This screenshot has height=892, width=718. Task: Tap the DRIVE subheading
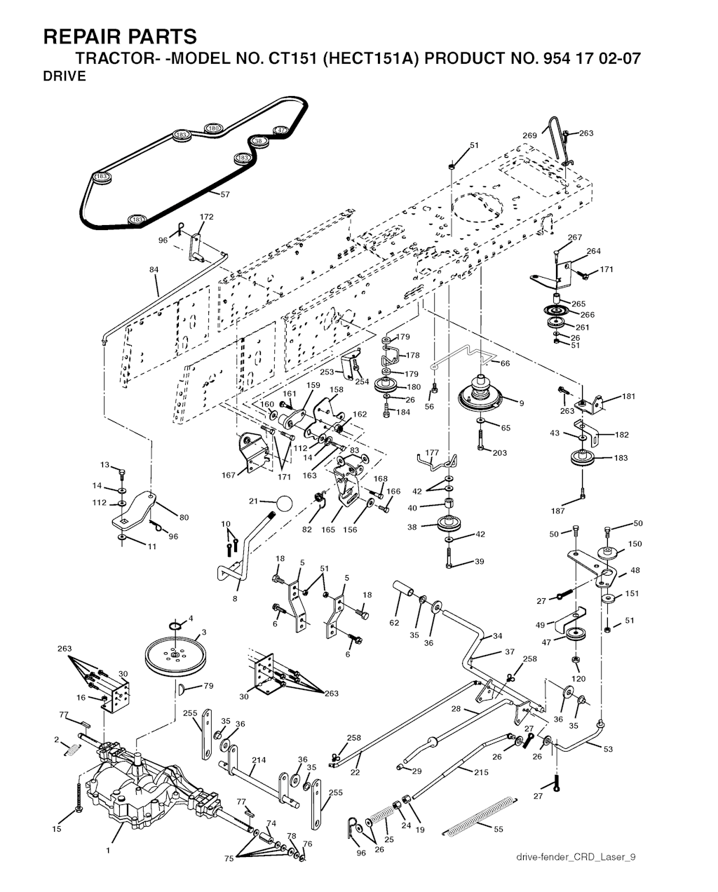tap(65, 76)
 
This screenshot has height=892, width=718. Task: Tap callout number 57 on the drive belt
tap(225, 194)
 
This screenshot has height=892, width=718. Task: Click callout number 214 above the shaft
tap(259, 759)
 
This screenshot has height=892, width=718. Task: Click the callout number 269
tap(529, 135)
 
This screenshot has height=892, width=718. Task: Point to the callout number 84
tap(154, 269)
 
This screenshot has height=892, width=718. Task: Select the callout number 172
tap(207, 217)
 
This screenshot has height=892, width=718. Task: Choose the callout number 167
tap(229, 475)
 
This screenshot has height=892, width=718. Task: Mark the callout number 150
tap(635, 543)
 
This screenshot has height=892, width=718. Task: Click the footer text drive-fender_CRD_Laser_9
tap(576, 857)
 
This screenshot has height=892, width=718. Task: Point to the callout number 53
tap(608, 749)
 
